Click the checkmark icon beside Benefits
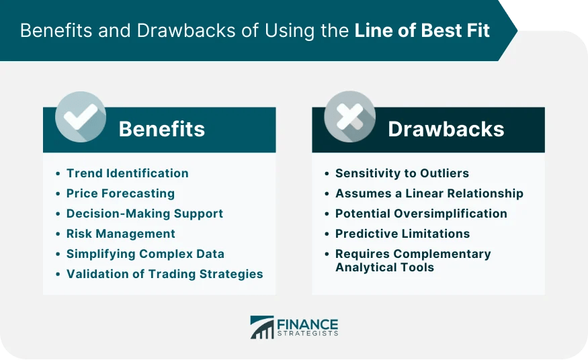pos(81,117)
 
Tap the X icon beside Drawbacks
pos(349,117)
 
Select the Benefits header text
pos(162,129)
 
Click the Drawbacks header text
pos(446,129)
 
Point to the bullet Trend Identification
pos(127,173)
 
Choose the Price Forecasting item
pos(120,193)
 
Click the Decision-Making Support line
pos(144,214)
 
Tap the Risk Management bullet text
pos(120,234)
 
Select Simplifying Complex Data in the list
pos(145,254)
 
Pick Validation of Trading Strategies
pos(165,274)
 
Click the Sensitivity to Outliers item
pos(402,173)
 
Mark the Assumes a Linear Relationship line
pos(429,193)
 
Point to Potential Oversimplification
pos(421,214)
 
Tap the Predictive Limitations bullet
pos(403,234)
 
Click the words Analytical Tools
pos(384,267)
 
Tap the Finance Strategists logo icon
pos(262,327)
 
